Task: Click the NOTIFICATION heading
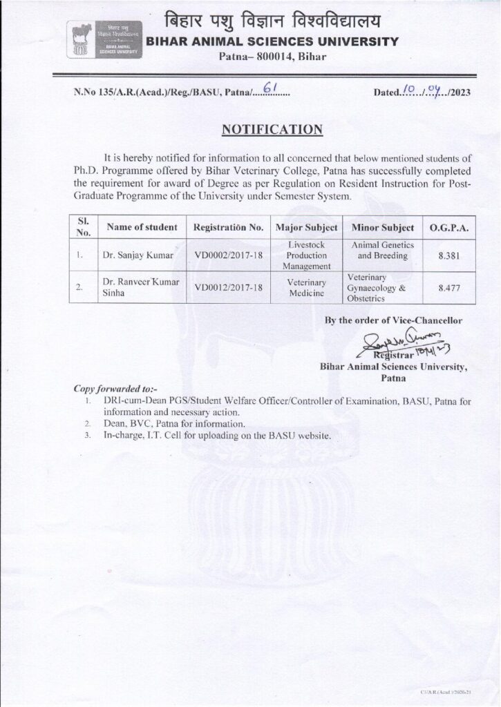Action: pyautogui.click(x=272, y=128)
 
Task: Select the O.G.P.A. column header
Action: pyautogui.click(x=450, y=228)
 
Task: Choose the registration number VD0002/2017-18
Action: pyautogui.click(x=229, y=255)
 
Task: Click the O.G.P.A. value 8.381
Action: pyautogui.click(x=450, y=255)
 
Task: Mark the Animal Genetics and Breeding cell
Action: pyautogui.click(x=383, y=250)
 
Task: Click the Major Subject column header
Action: pyautogui.click(x=306, y=228)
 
